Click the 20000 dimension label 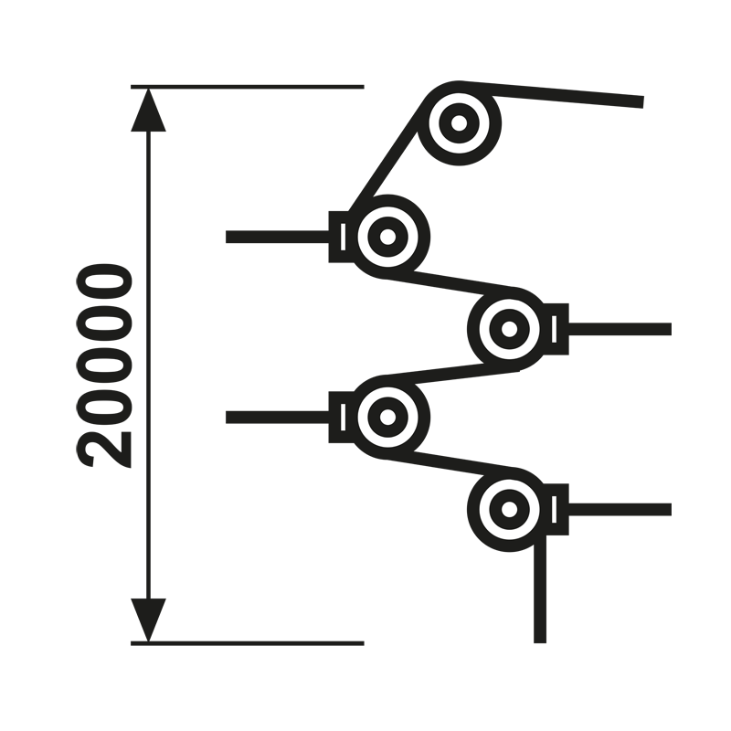(x=103, y=365)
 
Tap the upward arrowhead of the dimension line (x=148, y=110)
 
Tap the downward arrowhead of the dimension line (x=148, y=620)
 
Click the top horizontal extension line (x=247, y=87)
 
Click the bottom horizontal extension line (x=247, y=643)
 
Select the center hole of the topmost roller (x=460, y=123)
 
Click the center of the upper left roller (x=387, y=237)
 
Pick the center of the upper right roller (x=510, y=329)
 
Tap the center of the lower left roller (x=387, y=417)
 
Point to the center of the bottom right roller (x=510, y=509)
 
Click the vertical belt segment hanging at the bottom (x=540, y=588)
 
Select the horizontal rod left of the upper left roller (x=278, y=237)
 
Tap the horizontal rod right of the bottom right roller (x=620, y=509)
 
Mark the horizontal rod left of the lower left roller (x=278, y=417)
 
